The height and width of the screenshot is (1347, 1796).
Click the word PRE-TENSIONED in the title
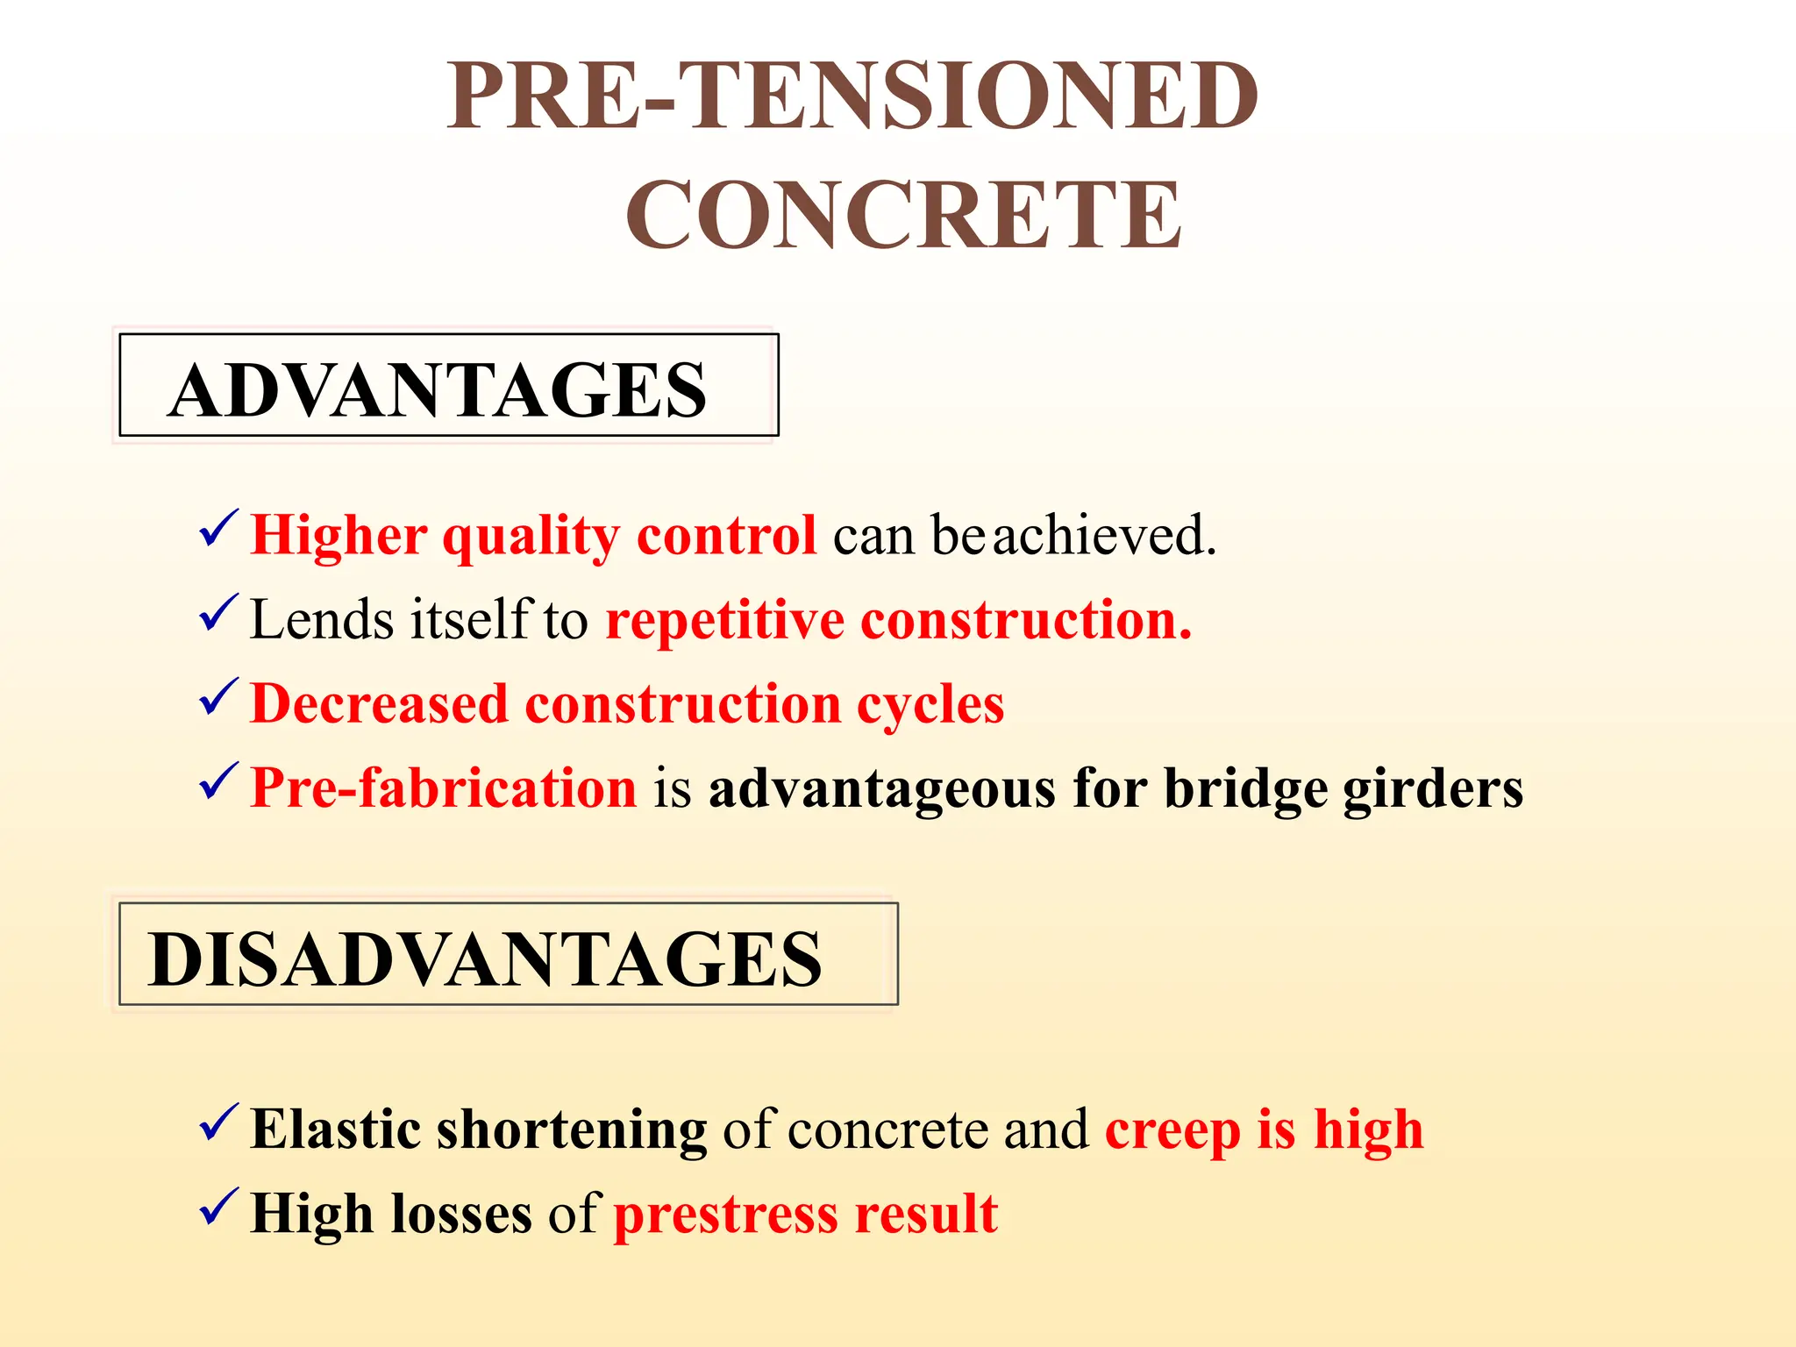[x=852, y=96]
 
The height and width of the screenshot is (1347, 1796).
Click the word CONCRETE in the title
[x=903, y=215]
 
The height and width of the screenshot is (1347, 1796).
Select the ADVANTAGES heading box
[x=448, y=386]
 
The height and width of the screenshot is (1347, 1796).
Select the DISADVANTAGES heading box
[x=508, y=955]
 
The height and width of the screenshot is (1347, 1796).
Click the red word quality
[x=531, y=537]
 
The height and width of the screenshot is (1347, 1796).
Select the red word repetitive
[x=724, y=621]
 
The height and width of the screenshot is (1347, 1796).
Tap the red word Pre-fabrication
[x=443, y=788]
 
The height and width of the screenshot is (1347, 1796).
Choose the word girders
[x=1433, y=789]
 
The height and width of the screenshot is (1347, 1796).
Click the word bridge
[x=1245, y=789]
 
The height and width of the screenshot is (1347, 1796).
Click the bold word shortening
[x=572, y=1130]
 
